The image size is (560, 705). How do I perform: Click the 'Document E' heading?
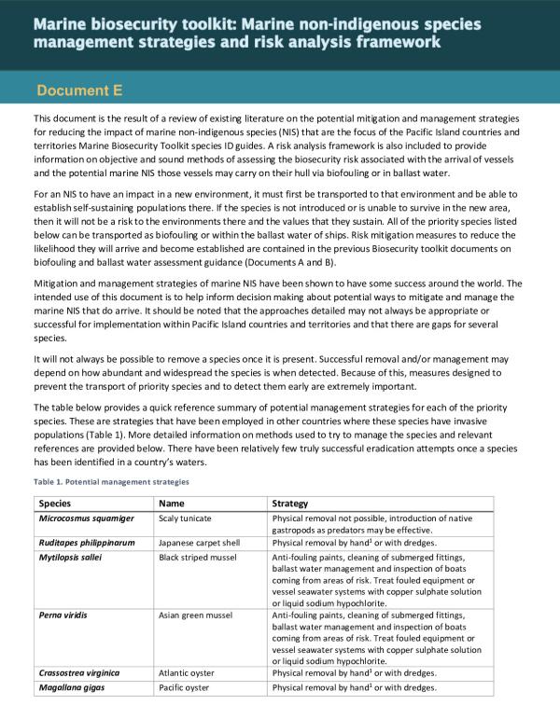pos(79,90)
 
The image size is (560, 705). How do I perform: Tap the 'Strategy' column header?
pos(289,504)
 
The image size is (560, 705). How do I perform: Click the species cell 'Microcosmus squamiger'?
pos(87,518)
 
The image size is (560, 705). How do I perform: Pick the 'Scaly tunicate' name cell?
pos(186,518)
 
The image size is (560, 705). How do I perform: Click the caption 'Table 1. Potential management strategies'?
pos(111,482)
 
